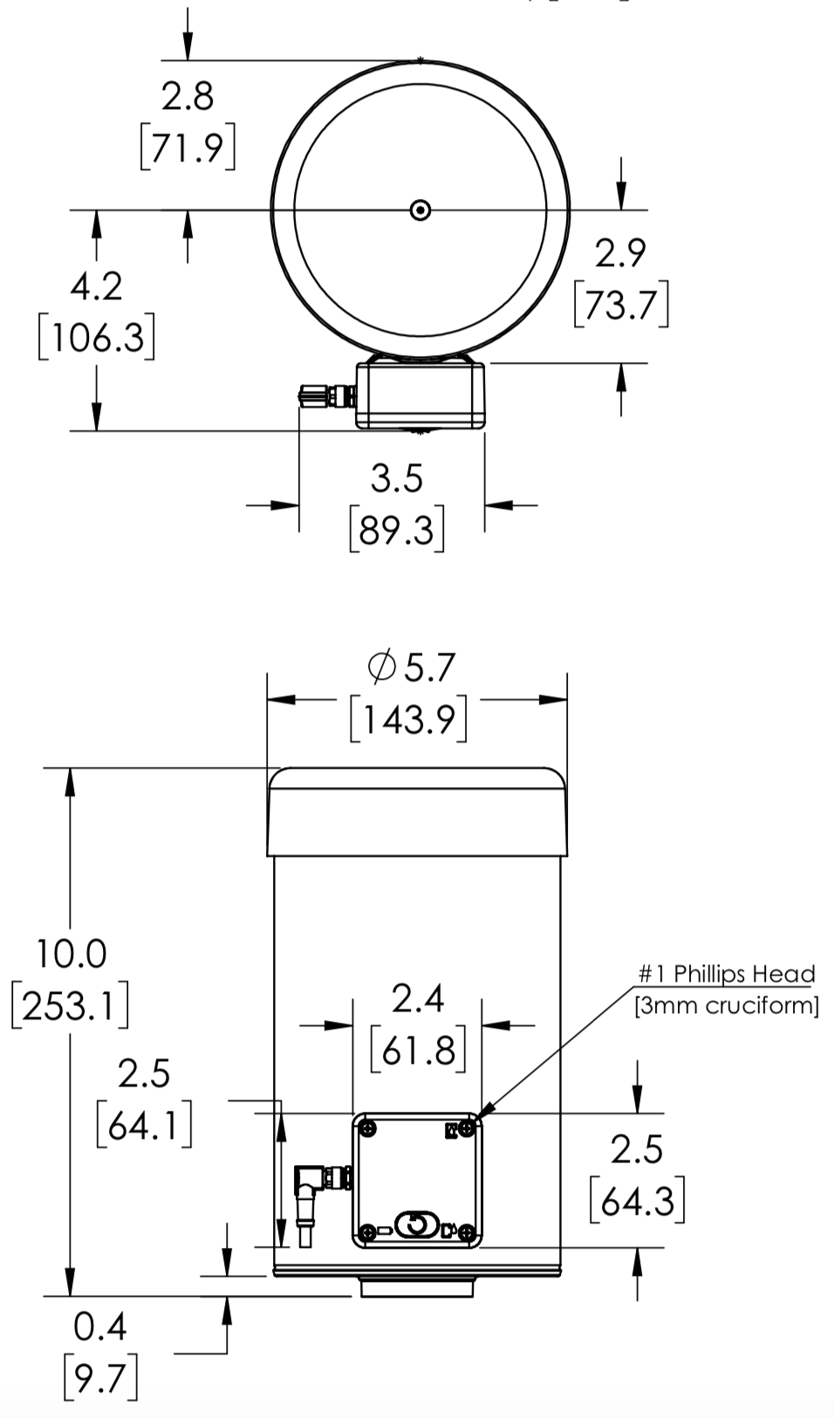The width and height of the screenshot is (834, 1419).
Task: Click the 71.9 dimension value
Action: point(188,148)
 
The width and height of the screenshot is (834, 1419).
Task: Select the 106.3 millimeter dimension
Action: point(97,338)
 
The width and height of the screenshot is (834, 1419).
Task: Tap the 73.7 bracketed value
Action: point(620,305)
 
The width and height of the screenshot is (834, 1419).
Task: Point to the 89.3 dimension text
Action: point(397,530)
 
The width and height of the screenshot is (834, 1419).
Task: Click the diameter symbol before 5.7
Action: point(381,668)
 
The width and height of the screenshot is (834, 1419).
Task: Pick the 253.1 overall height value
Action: point(70,1006)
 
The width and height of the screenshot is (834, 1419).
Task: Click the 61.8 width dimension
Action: point(418,1050)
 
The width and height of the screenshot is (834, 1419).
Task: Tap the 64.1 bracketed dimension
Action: point(144,1126)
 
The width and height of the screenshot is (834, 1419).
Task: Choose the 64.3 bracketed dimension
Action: point(637,1202)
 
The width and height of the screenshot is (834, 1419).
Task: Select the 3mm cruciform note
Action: point(727,1005)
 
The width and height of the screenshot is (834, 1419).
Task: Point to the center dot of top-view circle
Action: point(420,210)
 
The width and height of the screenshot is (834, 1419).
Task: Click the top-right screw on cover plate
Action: point(467,1129)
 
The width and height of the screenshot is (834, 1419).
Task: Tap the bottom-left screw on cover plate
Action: point(368,1231)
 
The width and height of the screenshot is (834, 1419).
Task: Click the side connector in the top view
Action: point(325,396)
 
